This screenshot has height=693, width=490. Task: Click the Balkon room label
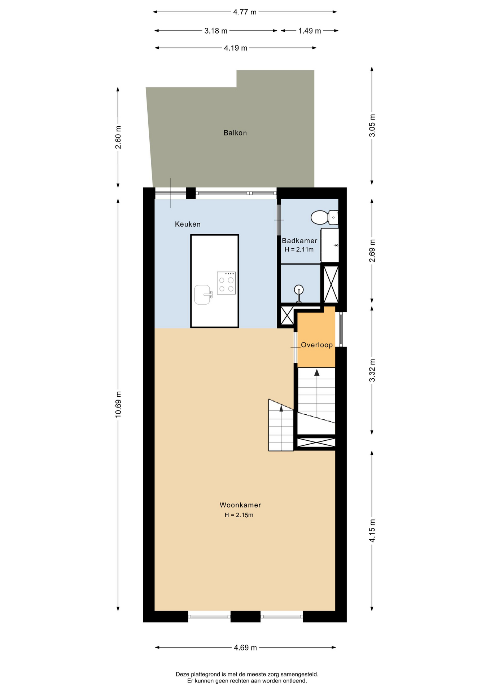[235, 133]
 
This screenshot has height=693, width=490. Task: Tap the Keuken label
[188, 224]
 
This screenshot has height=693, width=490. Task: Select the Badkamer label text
[299, 241]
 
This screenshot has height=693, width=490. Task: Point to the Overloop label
[317, 345]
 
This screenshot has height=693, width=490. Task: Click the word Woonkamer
[240, 505]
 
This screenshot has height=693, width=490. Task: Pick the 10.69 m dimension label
[118, 404]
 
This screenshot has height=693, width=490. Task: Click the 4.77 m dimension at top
[245, 12]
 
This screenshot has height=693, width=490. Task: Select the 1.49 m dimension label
[310, 31]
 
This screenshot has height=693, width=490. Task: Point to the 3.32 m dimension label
[372, 371]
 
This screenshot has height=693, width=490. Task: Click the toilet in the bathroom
[324, 217]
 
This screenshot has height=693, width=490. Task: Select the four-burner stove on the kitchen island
[226, 283]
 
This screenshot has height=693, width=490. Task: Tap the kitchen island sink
[203, 295]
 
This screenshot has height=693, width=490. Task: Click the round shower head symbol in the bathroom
[298, 289]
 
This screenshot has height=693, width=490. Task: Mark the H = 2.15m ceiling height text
[239, 515]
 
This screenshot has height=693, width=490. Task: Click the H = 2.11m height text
[299, 249]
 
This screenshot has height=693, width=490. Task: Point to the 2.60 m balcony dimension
[118, 138]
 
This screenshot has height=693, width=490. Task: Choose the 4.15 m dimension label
[372, 531]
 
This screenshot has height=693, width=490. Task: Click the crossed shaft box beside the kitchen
[287, 315]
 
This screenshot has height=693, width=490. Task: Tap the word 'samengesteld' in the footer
[299, 674]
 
